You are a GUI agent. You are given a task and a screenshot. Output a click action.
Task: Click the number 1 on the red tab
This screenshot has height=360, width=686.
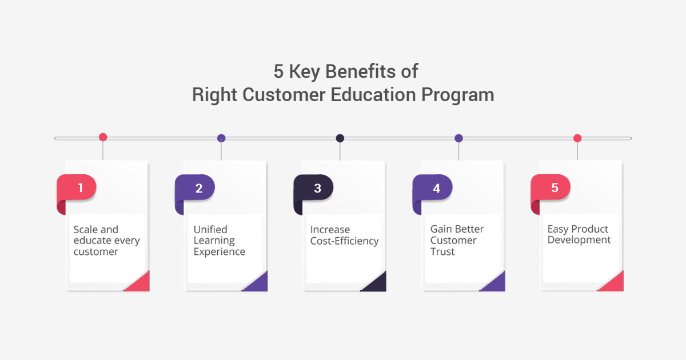80,187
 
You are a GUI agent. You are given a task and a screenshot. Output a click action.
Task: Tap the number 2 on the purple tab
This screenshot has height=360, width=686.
199,188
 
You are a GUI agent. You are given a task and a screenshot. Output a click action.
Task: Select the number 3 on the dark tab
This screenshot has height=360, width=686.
318,188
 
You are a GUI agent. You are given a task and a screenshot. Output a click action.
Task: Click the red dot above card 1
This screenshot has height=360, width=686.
103,137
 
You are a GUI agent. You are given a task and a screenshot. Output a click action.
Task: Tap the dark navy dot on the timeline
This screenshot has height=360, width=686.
340,138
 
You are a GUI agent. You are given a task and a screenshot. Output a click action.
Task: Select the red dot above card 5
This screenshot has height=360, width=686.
577,138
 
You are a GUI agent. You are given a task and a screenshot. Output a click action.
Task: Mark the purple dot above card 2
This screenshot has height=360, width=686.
221,138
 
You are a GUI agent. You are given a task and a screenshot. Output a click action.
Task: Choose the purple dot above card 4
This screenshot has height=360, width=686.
458,138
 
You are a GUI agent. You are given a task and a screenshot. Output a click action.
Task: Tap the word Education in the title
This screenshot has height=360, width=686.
373,95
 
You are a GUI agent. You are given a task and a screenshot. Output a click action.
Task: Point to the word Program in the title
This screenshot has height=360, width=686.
458,95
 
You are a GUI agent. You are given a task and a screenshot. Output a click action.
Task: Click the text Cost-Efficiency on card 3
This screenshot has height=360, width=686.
344,241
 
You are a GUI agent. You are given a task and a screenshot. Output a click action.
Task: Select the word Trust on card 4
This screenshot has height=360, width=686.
442,251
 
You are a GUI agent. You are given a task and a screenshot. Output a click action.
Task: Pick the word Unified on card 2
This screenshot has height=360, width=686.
210,229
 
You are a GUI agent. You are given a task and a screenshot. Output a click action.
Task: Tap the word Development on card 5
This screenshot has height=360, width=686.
579,240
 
